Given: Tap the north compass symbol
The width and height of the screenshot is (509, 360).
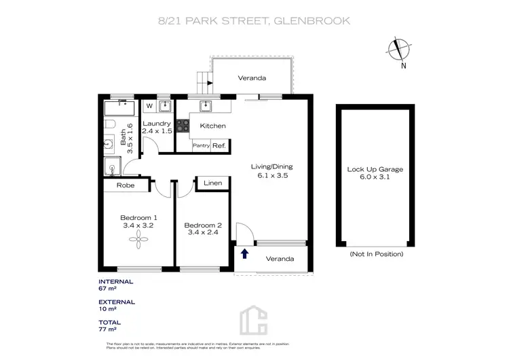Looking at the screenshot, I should tap(398, 50).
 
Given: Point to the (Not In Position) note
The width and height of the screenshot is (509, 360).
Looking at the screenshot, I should tap(376, 254).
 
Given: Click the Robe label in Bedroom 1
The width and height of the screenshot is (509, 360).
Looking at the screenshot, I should tap(125, 185).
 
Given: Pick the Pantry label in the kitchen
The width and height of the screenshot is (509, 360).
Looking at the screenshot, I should tap(201, 145).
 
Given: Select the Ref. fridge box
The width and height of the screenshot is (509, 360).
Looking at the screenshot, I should tap(219, 145).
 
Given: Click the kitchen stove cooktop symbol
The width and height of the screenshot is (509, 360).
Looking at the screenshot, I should tap(183, 126).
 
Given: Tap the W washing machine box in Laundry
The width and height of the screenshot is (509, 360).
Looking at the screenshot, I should tap(149, 106).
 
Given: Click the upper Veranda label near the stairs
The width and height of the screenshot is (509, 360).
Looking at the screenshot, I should tap(252, 78).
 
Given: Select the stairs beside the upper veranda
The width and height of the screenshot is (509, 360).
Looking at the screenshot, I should tap(204, 82).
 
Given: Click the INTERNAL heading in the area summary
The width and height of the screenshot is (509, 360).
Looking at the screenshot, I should tap(116, 281).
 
